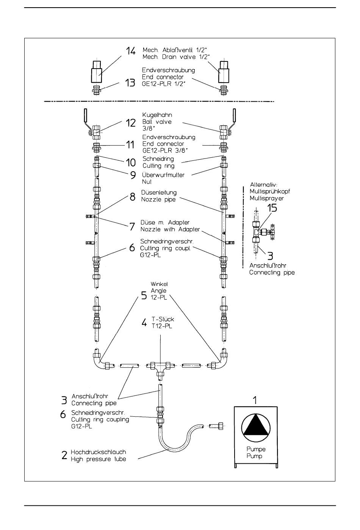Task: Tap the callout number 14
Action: click(x=131, y=51)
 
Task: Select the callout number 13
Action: click(x=130, y=83)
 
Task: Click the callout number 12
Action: click(x=131, y=123)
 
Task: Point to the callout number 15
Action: click(x=272, y=208)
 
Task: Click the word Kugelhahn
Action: click(x=157, y=115)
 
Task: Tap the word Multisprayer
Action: click(x=266, y=198)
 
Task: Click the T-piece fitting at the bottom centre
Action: click(x=160, y=367)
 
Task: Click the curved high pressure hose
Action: click(x=175, y=442)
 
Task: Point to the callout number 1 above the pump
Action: click(x=255, y=400)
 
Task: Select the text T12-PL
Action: click(x=162, y=326)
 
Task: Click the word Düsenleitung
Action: click(x=159, y=193)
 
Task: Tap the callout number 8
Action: click(x=133, y=197)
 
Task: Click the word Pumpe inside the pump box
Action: click(x=256, y=449)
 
